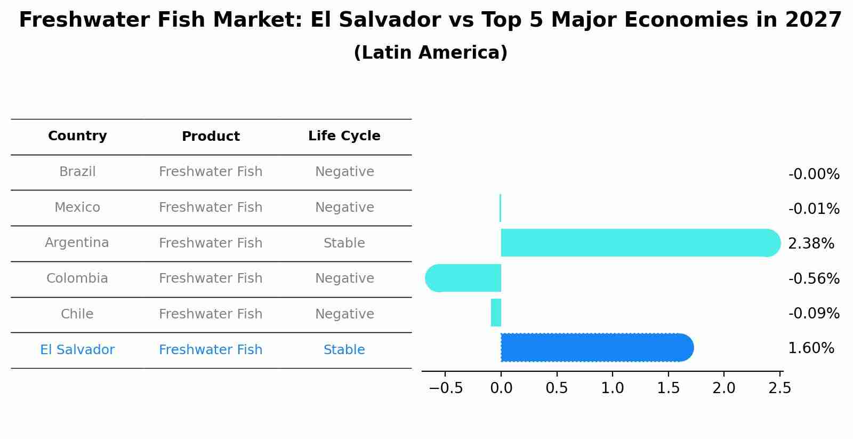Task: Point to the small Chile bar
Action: (496, 313)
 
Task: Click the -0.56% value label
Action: (814, 278)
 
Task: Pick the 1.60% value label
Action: (811, 348)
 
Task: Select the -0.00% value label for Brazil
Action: (814, 174)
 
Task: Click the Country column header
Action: (77, 136)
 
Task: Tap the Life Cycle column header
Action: (344, 136)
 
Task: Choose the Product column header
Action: (211, 137)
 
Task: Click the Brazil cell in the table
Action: (77, 172)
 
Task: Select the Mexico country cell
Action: (77, 207)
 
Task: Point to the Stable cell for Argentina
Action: (344, 243)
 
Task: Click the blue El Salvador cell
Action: (77, 350)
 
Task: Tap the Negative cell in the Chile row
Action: (344, 314)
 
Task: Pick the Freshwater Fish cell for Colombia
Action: (211, 278)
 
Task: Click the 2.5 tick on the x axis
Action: (779, 388)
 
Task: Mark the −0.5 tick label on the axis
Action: (446, 388)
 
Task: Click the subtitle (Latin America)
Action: (430, 53)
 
